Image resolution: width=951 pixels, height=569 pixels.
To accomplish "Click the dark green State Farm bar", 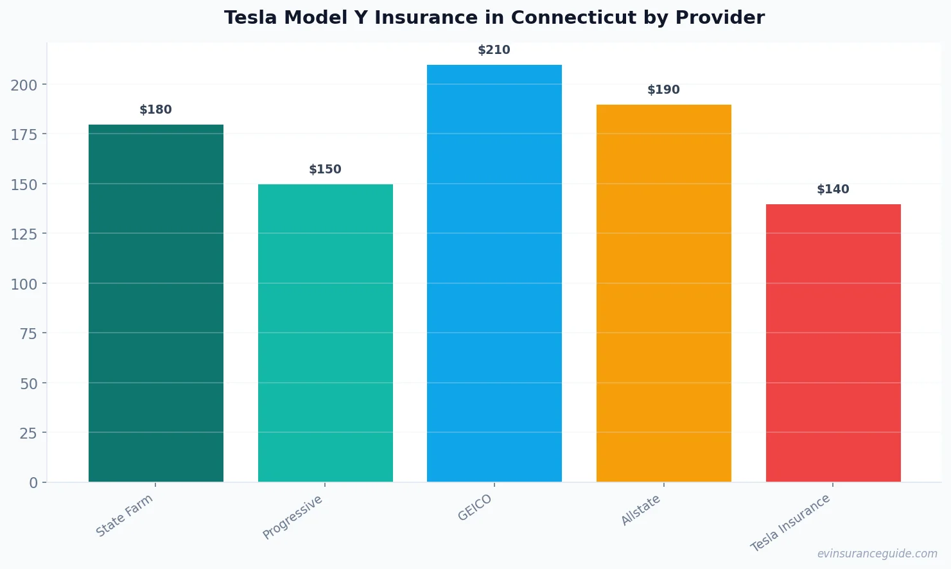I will [156, 303].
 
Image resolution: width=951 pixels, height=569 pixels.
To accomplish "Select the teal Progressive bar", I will [326, 333].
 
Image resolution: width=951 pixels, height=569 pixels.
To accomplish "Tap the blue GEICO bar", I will [494, 273].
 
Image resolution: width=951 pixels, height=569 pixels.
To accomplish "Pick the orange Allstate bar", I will [664, 293].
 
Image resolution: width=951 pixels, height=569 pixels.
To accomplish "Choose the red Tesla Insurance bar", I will [833, 343].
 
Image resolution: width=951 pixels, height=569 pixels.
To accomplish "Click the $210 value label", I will [494, 50].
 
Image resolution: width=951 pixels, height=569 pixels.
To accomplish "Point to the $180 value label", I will [155, 110].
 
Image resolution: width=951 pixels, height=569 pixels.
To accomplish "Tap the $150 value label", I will [325, 170].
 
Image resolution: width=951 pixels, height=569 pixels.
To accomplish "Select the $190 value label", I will [663, 90].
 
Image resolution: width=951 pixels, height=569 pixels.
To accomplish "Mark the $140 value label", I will [833, 189].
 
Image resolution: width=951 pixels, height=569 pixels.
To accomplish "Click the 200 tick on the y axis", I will [24, 85].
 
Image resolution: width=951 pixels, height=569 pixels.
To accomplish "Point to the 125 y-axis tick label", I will [24, 234].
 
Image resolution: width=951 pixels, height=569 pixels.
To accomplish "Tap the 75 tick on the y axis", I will [28, 334].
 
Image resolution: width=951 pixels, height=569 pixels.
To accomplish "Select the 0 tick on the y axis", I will [33, 483].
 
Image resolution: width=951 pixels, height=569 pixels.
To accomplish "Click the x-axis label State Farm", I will [125, 515].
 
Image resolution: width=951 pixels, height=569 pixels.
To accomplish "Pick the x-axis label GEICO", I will [475, 508].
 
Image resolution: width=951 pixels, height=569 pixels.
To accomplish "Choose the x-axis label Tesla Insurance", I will [790, 523].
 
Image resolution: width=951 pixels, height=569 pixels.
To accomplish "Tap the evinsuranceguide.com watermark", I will [877, 554].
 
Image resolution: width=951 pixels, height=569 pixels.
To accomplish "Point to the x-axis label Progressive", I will [293, 518].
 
